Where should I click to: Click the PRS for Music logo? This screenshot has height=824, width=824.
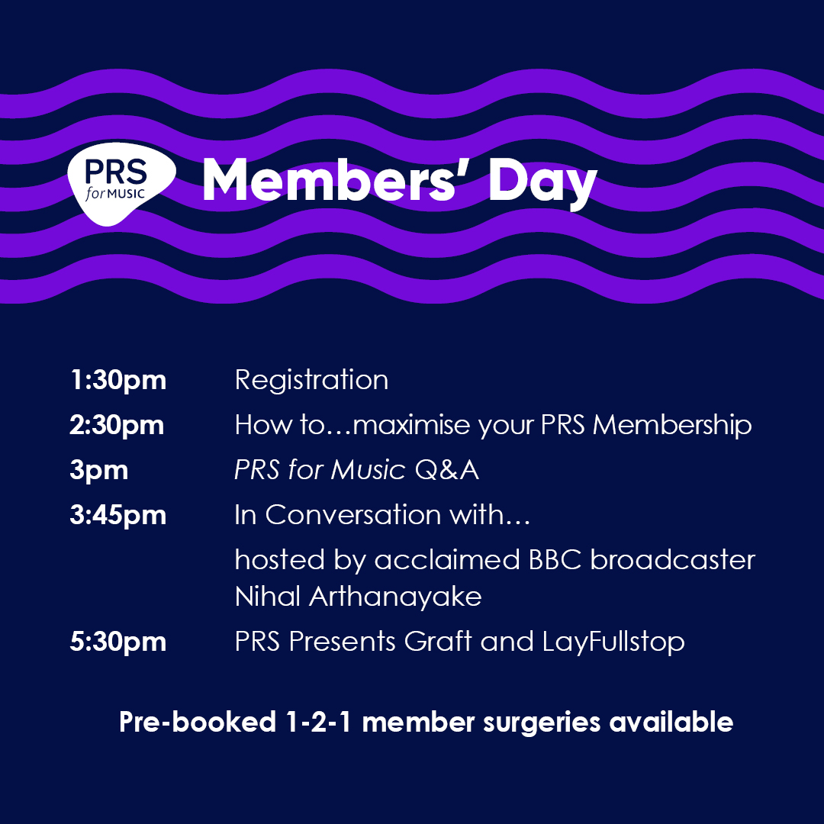click(x=121, y=183)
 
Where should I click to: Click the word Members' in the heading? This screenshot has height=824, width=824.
click(x=336, y=183)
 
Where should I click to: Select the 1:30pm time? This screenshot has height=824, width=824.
click(x=117, y=380)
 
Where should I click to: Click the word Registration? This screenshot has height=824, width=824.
click(x=311, y=380)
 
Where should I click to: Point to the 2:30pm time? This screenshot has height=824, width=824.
click(x=117, y=425)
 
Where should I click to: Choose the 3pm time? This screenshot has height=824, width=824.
click(x=98, y=470)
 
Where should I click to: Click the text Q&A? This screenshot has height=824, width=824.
click(x=446, y=470)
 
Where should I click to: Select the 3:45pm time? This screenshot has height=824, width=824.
click(x=117, y=515)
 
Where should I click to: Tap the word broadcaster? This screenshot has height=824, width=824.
click(x=672, y=560)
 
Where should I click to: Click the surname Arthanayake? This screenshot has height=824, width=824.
click(x=395, y=596)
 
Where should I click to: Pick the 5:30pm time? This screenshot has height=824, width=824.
click(x=117, y=642)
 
